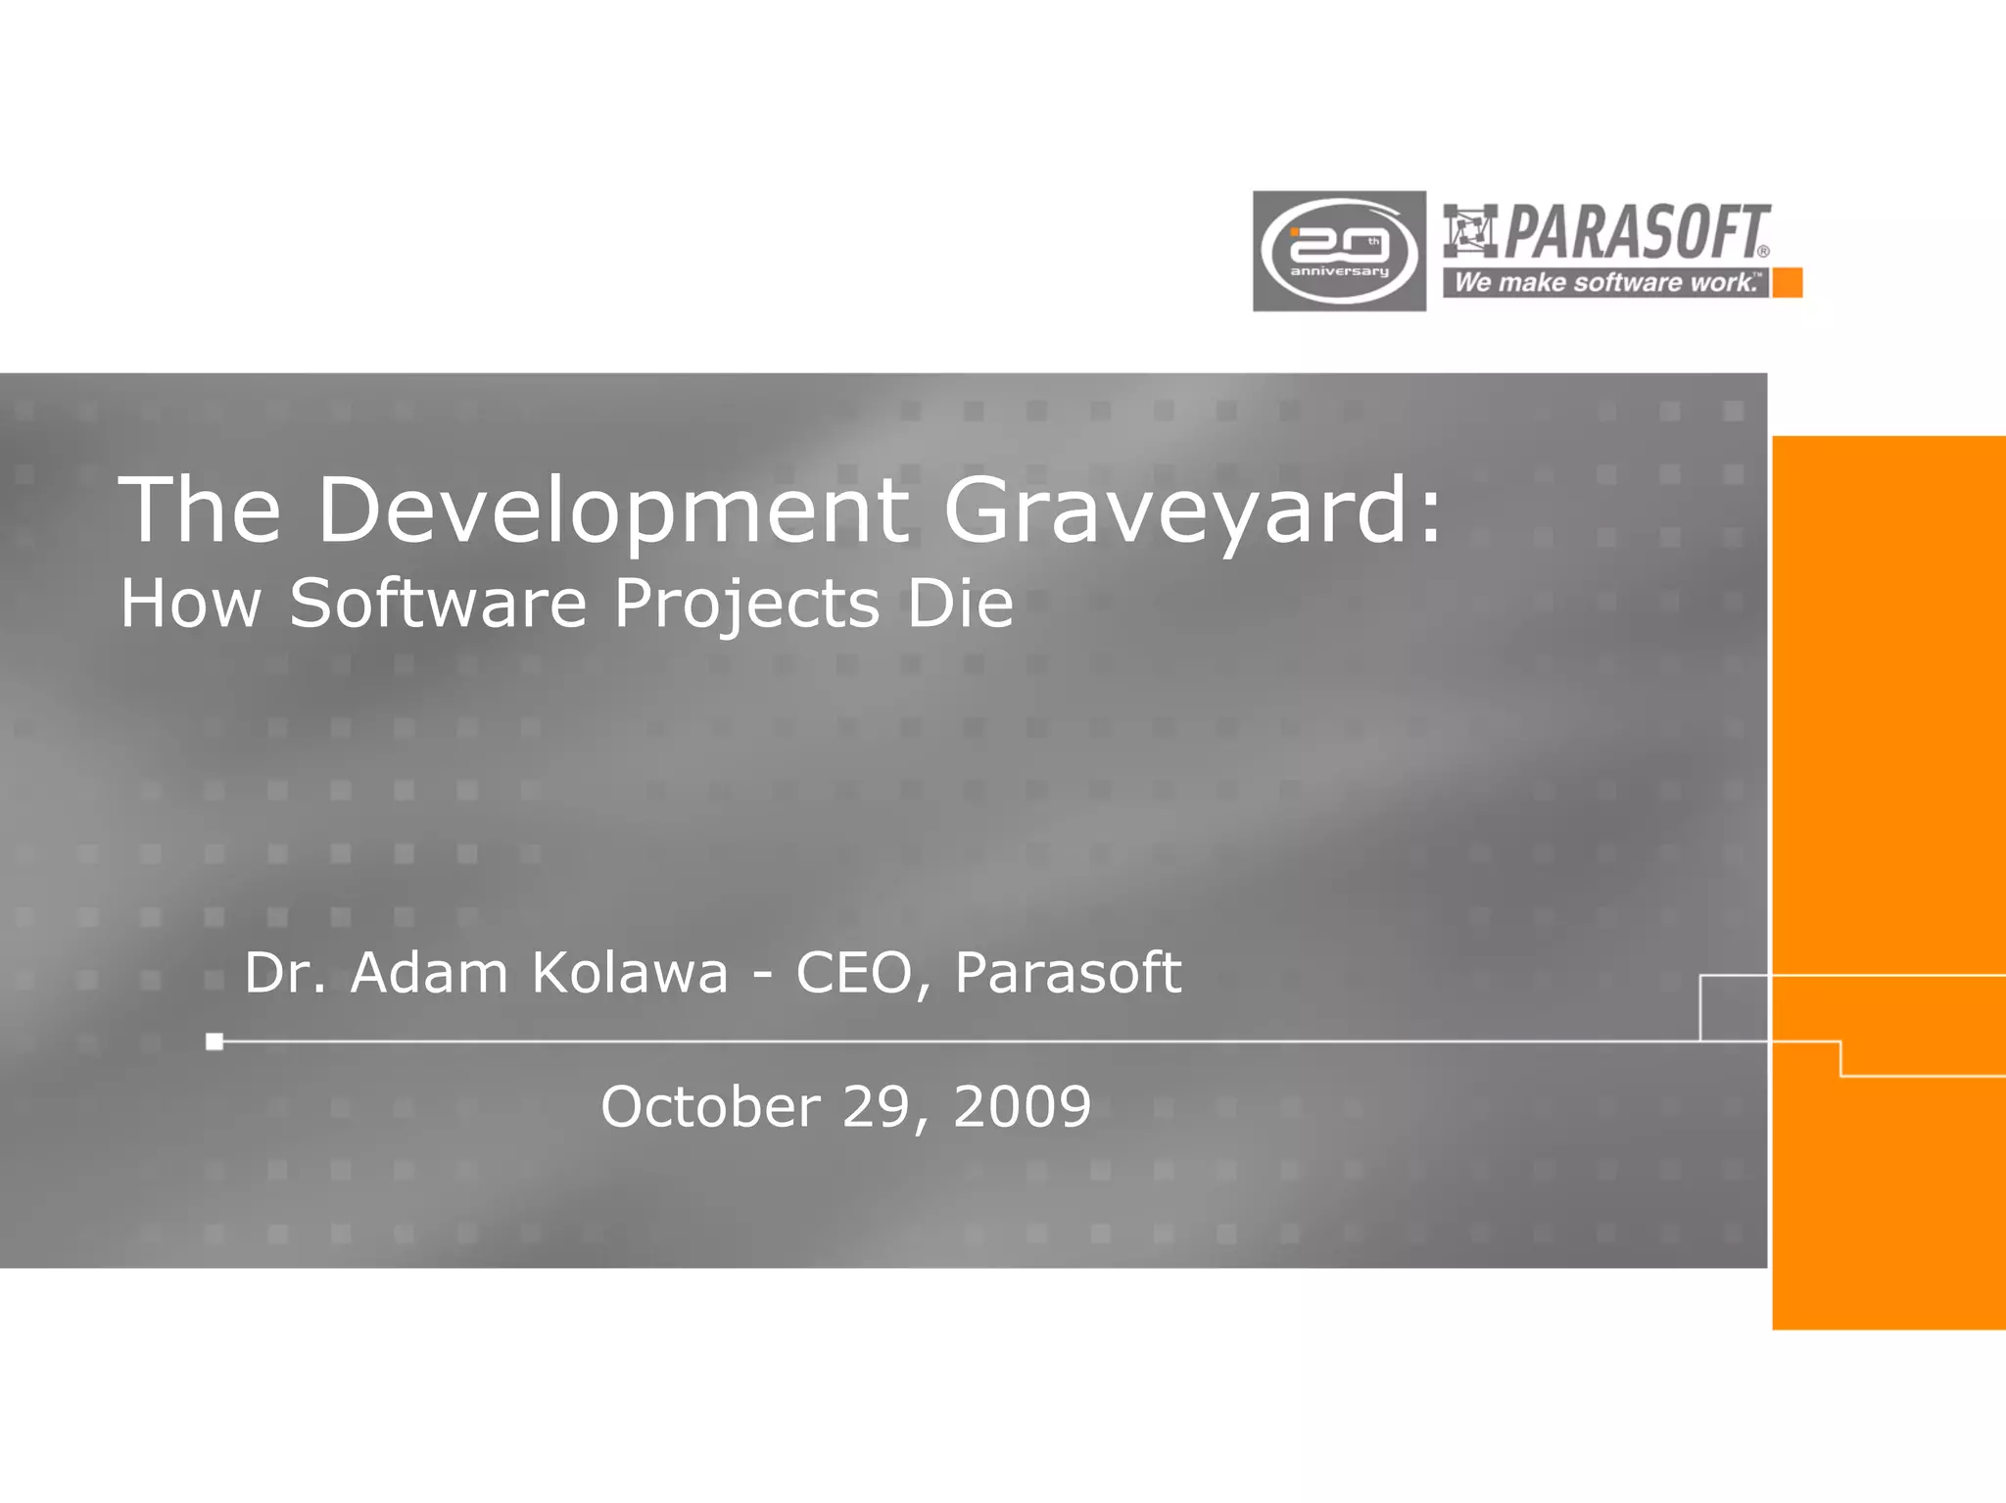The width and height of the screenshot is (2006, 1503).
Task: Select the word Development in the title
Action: [x=613, y=509]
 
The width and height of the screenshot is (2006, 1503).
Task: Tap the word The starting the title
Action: [x=200, y=509]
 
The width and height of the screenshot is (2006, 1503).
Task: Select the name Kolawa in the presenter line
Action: [x=630, y=973]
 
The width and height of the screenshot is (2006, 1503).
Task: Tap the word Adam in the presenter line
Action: [x=430, y=973]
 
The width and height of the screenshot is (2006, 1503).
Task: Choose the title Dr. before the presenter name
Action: [x=284, y=973]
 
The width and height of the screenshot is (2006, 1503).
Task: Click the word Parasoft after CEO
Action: [x=1068, y=973]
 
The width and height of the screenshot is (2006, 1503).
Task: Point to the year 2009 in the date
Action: [x=1022, y=1107]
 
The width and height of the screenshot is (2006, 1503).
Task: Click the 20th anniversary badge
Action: [x=1339, y=251]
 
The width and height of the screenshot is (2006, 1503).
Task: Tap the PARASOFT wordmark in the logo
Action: [x=1636, y=231]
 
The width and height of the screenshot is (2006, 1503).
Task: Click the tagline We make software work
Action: [x=1605, y=283]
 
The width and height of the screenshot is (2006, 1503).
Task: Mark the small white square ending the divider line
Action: [x=215, y=1042]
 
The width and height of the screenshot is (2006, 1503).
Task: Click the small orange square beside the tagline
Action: [x=1788, y=283]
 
